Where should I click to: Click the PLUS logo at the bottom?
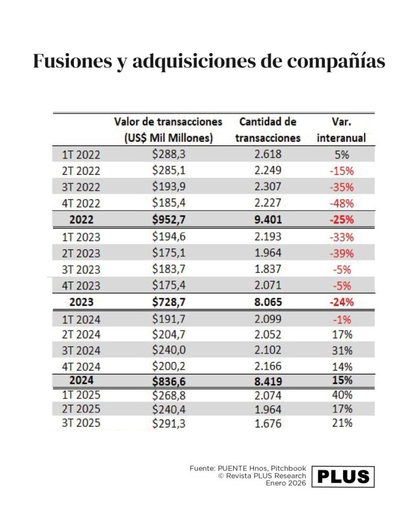344,476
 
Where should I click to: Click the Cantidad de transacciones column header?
268,130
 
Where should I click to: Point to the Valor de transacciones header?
168,130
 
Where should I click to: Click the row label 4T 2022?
81,203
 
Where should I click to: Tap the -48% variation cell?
341,203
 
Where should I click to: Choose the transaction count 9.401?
268,220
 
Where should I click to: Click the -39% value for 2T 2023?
341,253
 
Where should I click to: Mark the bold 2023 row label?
81,302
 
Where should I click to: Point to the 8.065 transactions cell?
268,302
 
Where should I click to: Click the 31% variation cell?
341,351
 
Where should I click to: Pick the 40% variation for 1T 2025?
341,395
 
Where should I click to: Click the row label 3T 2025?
81,423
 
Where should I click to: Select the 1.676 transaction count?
268,423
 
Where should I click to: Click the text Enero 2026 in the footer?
286,483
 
